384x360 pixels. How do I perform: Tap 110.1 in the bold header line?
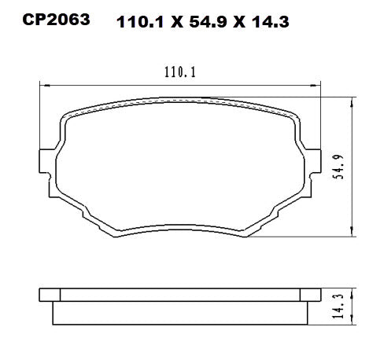tap(139, 23)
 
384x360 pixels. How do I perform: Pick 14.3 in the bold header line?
tap(271, 23)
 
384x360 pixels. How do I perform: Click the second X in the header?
tap(241, 23)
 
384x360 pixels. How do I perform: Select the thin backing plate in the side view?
tap(180, 295)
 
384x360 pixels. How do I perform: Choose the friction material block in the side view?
tap(180, 312)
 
